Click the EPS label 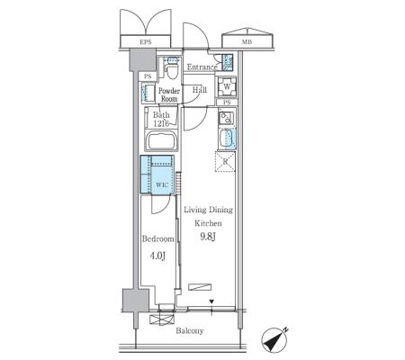146,42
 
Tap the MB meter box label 247,42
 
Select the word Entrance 202,67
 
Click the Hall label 200,90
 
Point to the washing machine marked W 227,87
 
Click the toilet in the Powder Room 172,70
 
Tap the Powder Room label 169,94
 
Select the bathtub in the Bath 161,140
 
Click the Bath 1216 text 161,119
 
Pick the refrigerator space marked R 225,162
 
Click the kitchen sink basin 228,139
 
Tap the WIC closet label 161,184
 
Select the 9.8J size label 208,237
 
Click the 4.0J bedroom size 157,256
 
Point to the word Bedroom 158,239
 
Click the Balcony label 190,331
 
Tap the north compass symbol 274,340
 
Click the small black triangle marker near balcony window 211,301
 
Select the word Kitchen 208,223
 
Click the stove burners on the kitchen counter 225,118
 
